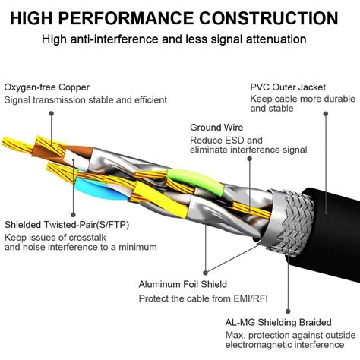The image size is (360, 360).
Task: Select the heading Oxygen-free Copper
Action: click(x=47, y=87)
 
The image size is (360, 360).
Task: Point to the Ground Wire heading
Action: click(x=216, y=128)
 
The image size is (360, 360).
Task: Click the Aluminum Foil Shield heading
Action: click(x=182, y=284)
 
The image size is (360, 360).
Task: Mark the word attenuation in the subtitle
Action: click(x=277, y=39)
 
